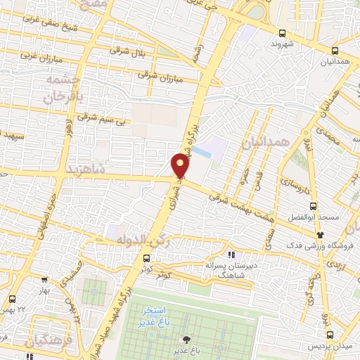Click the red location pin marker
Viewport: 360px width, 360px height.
point(181,166)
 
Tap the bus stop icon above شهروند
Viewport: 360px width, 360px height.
point(282,32)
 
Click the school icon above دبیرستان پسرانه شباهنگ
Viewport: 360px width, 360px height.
point(232,255)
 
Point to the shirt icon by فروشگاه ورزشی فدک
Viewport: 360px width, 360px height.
point(321,235)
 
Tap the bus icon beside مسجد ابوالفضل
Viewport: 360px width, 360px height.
point(314,206)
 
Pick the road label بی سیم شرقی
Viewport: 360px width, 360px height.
point(96,117)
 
